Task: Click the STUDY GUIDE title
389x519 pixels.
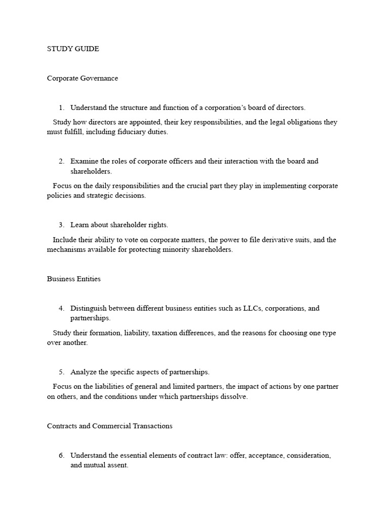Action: pos(73,49)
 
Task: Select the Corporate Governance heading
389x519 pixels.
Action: pos(83,79)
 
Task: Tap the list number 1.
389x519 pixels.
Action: pos(61,108)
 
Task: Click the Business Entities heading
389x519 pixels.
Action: pos(74,279)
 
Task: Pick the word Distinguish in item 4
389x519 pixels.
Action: pos(88,309)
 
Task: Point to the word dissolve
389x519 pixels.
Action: pos(233,397)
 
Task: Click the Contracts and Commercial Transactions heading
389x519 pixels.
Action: pos(109,426)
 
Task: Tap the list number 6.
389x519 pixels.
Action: pos(61,456)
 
